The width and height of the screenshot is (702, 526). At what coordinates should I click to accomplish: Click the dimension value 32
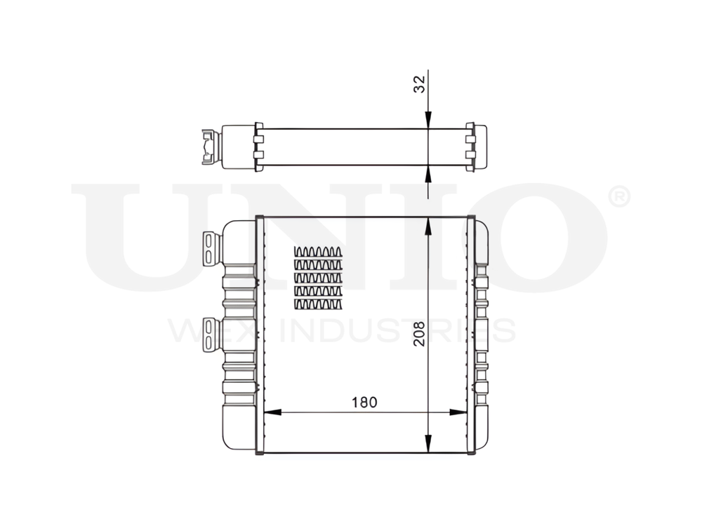click(419, 85)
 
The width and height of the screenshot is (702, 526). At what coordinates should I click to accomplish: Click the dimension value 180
click(365, 402)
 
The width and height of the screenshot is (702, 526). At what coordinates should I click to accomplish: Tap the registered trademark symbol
click(617, 197)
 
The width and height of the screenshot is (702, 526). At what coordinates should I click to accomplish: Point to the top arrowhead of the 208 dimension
click(428, 224)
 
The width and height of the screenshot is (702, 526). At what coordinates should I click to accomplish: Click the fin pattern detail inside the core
click(318, 278)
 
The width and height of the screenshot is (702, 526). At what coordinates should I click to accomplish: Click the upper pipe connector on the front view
click(211, 248)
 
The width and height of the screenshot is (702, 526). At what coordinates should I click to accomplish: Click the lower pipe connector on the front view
click(211, 335)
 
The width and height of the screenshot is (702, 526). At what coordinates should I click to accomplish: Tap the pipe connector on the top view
click(208, 147)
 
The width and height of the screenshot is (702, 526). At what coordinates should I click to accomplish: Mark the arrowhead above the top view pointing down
click(428, 123)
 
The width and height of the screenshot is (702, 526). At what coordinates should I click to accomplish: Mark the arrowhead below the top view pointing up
click(428, 171)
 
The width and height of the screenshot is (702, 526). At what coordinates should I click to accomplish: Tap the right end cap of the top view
click(477, 147)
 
